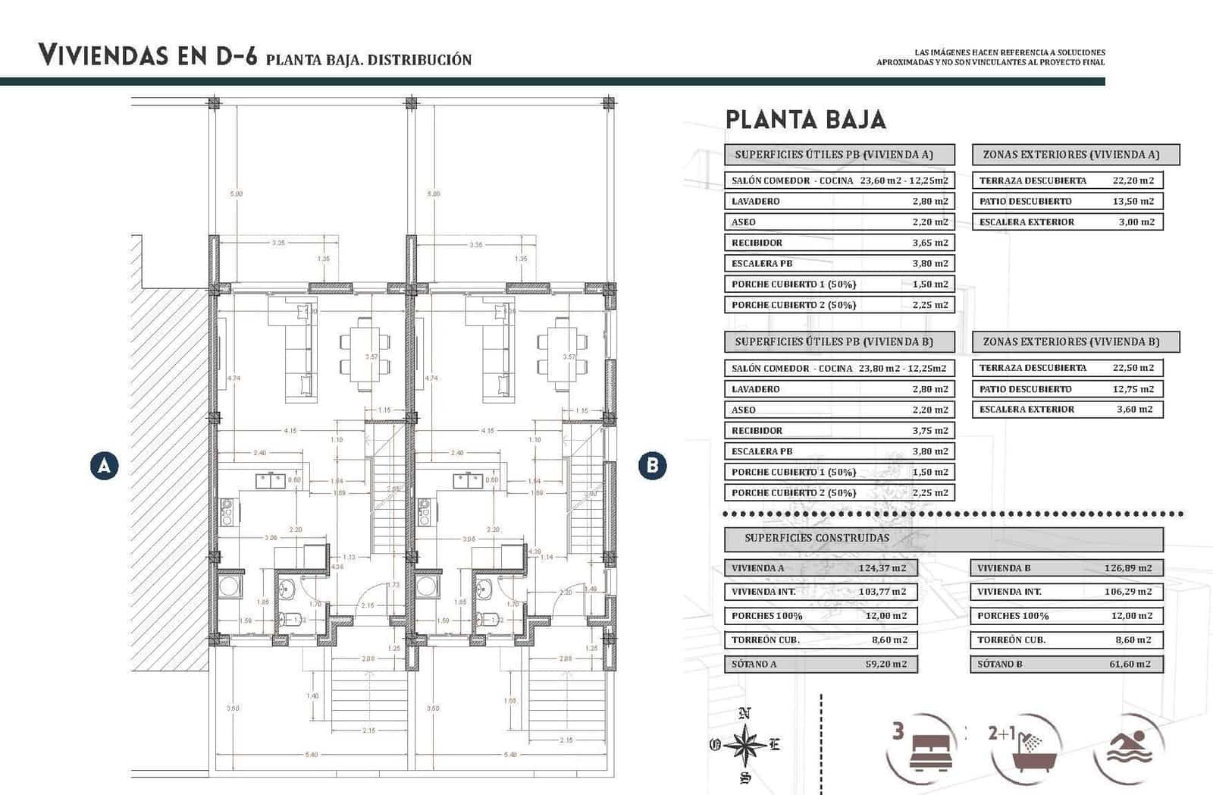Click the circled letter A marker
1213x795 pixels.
(104, 465)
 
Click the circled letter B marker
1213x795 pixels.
(652, 465)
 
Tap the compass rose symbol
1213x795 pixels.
(745, 745)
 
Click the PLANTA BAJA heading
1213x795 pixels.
(805, 120)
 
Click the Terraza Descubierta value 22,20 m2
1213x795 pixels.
(1133, 181)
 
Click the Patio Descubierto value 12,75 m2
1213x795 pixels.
(1133, 389)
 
